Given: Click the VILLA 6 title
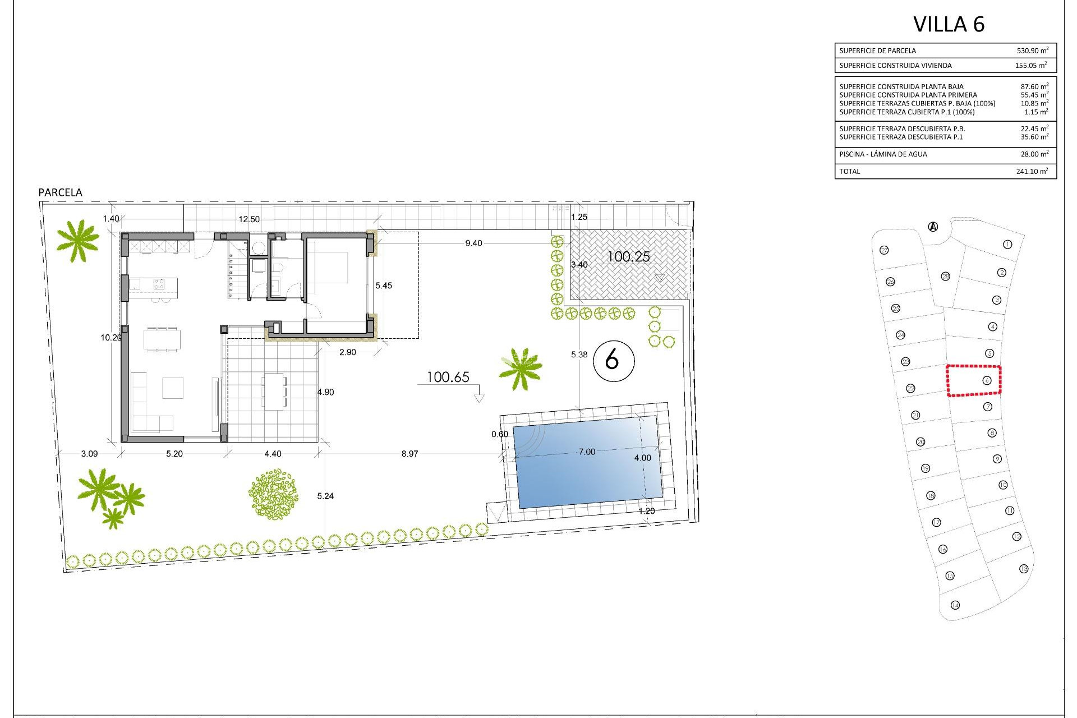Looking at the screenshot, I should click(949, 24).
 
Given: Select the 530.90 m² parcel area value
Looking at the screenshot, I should click(1032, 50).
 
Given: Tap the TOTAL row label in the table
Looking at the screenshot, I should click(849, 172).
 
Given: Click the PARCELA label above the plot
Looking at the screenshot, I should click(60, 192).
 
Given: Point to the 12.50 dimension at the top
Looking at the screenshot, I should click(249, 219).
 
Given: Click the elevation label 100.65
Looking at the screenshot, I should click(448, 377).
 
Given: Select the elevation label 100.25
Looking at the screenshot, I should click(629, 257).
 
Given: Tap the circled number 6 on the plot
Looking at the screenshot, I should click(613, 359).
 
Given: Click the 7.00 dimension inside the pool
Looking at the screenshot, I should click(587, 452).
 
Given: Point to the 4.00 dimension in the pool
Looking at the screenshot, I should click(642, 458).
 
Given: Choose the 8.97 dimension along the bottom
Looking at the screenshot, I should click(409, 454).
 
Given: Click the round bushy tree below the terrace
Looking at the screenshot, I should click(273, 494).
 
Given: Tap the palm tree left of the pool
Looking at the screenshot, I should click(521, 369).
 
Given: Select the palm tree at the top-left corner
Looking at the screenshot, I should click(77, 240).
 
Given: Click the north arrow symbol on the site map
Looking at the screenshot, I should click(933, 227).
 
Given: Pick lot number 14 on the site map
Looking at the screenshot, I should click(955, 605).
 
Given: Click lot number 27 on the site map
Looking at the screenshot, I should click(885, 250).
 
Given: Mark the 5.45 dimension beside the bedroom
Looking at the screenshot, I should click(384, 286).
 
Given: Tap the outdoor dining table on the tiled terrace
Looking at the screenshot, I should click(274, 391).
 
